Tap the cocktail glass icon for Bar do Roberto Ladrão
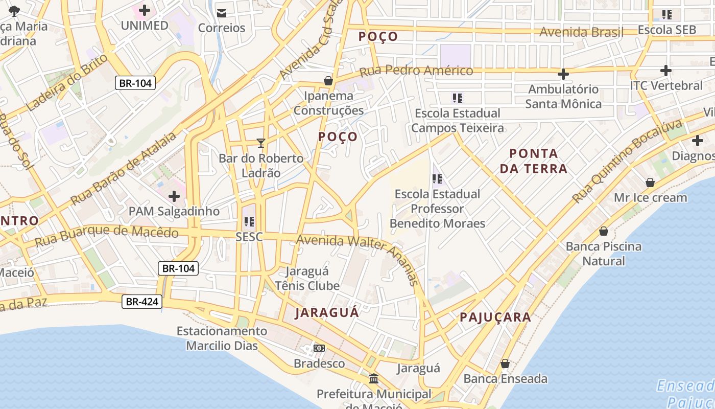click(x=261, y=143)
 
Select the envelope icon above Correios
click(x=222, y=13)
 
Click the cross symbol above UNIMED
click(x=145, y=10)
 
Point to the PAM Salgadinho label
click(x=174, y=211)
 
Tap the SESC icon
click(x=249, y=222)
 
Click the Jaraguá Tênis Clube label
click(x=307, y=279)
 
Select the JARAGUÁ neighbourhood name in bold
click(x=327, y=312)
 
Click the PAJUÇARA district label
click(x=495, y=317)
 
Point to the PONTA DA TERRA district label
click(x=534, y=161)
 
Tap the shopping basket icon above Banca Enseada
click(x=505, y=363)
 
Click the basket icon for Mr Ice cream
click(x=650, y=183)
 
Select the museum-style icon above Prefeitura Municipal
click(x=374, y=379)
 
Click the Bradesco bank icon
click(x=319, y=348)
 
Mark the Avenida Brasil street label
click(x=581, y=32)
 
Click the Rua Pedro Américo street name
click(x=416, y=71)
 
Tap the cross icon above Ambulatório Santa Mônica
click(x=563, y=74)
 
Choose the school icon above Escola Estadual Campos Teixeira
click(x=457, y=98)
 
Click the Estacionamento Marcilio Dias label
click(x=222, y=338)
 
